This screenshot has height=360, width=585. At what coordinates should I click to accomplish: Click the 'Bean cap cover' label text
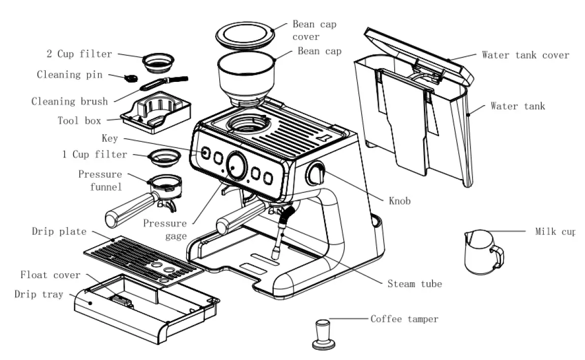(x=314, y=31)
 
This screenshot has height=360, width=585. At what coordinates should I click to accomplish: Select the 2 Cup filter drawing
(x=158, y=63)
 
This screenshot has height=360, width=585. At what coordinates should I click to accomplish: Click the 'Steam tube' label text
(x=415, y=284)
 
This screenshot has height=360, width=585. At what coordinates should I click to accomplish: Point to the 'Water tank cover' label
(x=525, y=55)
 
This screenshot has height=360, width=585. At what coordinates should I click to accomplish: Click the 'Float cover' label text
(x=50, y=275)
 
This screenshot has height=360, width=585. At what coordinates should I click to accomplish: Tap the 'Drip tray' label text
(x=39, y=294)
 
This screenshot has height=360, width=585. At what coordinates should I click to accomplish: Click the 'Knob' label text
(x=399, y=201)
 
